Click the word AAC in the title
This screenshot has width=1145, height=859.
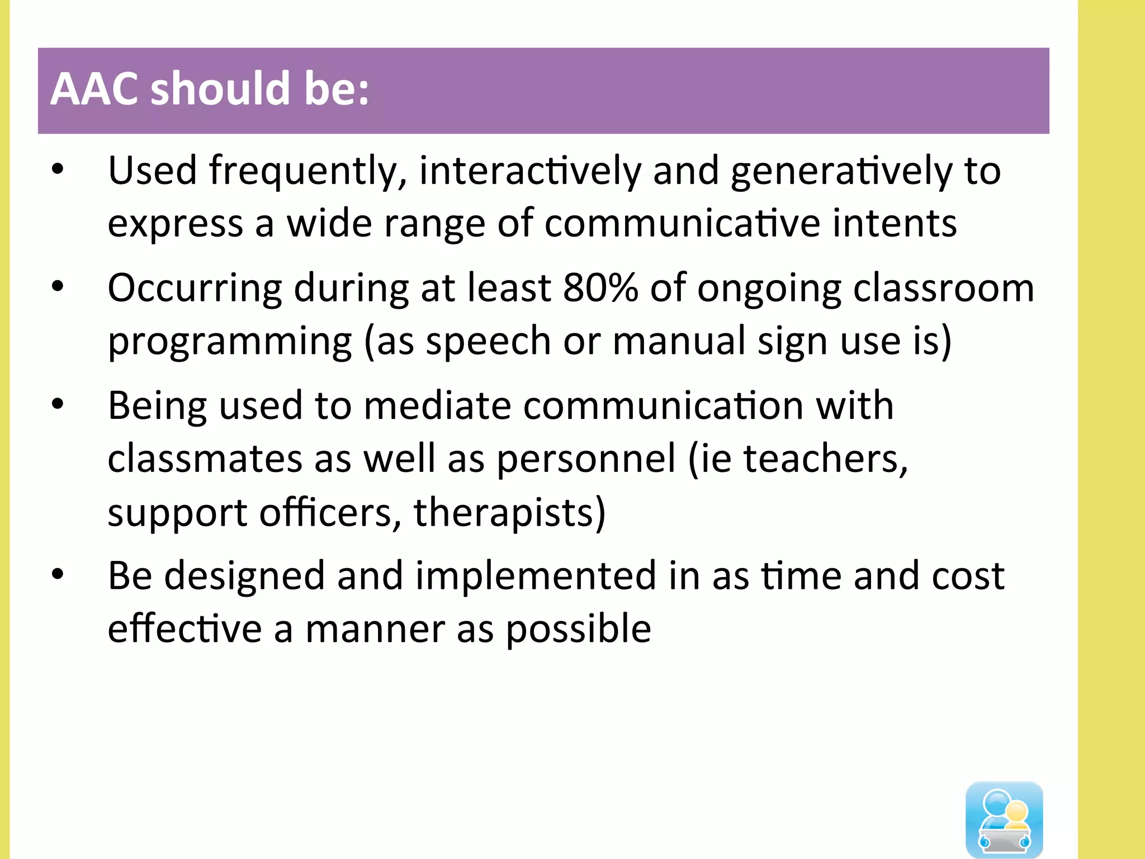click(x=94, y=89)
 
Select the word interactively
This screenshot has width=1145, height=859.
click(x=529, y=171)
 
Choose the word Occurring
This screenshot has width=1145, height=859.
click(x=195, y=289)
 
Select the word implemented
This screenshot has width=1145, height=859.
click(x=536, y=576)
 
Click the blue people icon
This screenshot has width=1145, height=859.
click(x=1004, y=819)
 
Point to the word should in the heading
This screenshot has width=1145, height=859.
click(x=220, y=89)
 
